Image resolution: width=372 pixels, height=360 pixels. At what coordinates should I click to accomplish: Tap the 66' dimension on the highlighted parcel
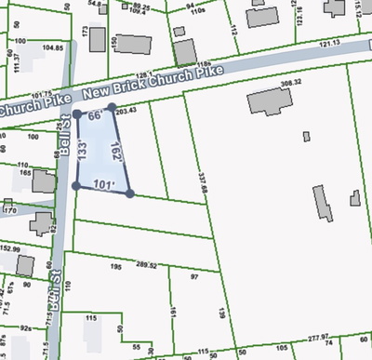[x=94, y=117]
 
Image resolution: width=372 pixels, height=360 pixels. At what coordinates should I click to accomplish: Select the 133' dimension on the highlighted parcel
[x=83, y=151]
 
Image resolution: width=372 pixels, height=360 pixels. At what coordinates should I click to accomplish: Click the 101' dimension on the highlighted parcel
[x=103, y=186]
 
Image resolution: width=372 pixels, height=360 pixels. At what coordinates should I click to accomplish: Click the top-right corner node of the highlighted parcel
[x=112, y=108]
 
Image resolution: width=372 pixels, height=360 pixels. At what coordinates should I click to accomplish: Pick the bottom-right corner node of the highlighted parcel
[x=129, y=193]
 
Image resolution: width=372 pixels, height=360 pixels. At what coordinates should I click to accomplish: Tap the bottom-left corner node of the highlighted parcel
[x=75, y=186]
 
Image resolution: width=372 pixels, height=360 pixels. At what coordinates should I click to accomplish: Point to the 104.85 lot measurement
[x=52, y=47]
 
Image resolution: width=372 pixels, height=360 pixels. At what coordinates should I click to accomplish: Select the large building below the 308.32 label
[x=267, y=102]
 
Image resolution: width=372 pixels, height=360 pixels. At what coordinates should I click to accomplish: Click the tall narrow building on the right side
[x=321, y=204]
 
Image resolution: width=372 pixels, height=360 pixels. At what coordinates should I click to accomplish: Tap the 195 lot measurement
[x=117, y=266]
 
